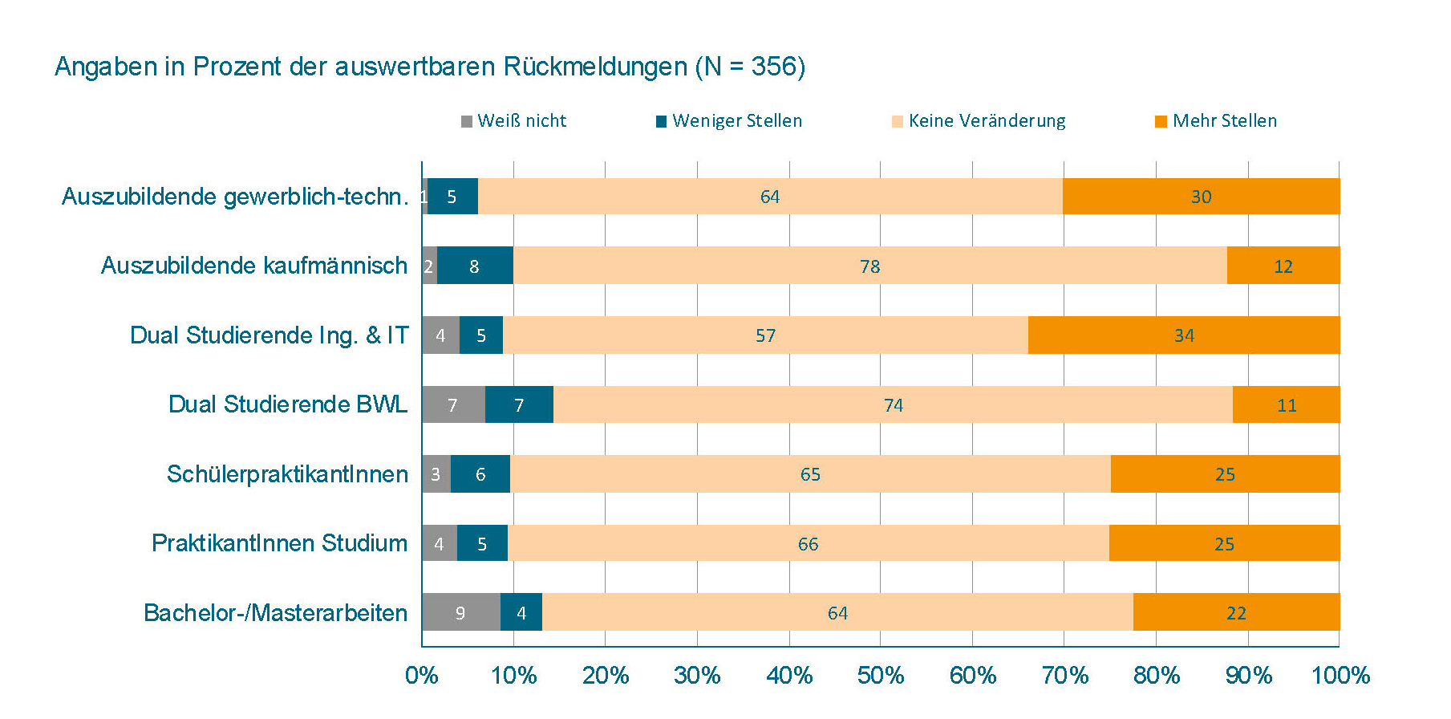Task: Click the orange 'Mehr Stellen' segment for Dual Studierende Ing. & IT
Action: point(1183,335)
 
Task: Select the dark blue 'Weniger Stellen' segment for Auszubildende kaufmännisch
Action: point(475,266)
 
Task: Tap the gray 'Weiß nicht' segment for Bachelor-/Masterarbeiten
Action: point(460,613)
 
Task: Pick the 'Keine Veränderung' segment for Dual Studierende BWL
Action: point(893,404)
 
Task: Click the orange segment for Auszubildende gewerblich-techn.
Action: point(1201,197)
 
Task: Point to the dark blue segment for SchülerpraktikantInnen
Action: point(480,474)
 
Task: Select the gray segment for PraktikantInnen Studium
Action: point(439,543)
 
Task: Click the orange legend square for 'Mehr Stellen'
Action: point(1161,122)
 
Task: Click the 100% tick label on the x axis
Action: point(1340,675)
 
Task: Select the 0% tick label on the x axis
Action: point(422,675)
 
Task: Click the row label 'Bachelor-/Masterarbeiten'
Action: point(276,613)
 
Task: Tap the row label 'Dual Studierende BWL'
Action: point(288,404)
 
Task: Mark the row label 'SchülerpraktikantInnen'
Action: point(287,474)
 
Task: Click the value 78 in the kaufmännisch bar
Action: point(869,266)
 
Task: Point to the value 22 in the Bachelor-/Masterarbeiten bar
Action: point(1236,614)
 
